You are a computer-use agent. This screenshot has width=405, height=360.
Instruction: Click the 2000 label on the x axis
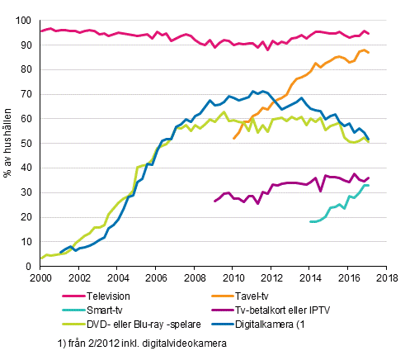[x=41, y=278]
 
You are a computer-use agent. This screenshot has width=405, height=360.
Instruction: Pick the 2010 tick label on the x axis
[x=232, y=278]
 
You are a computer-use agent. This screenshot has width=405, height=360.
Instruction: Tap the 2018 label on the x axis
[x=384, y=278]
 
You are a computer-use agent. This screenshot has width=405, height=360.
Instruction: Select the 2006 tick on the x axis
[x=156, y=278]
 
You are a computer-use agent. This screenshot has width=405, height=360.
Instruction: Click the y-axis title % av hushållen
[x=9, y=143]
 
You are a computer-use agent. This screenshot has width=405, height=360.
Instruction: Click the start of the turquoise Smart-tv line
[x=310, y=221]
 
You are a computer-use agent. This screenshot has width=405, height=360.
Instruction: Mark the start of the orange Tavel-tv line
[x=233, y=138]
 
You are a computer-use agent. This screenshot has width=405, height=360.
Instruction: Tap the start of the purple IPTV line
[x=214, y=201]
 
